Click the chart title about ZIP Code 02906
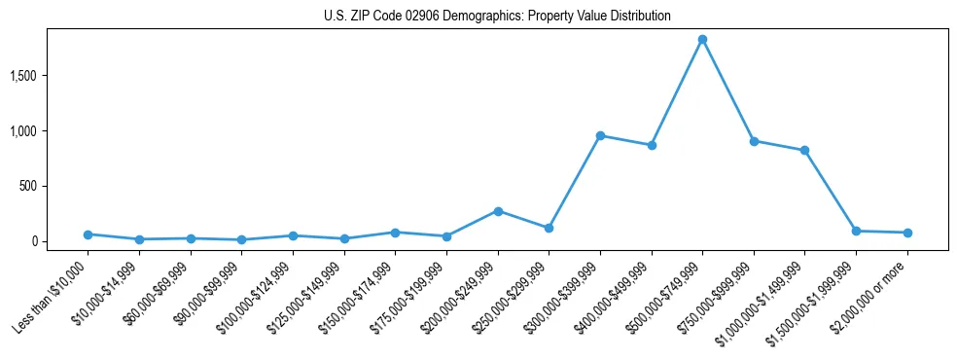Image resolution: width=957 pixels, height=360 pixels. (497, 17)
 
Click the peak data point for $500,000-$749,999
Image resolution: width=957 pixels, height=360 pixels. (702, 39)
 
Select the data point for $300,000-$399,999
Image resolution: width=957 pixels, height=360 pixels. (600, 135)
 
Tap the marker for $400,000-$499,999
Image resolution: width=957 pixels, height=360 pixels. (652, 145)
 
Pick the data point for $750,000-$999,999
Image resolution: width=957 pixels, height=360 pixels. (754, 141)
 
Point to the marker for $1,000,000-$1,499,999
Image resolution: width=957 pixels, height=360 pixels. (804, 150)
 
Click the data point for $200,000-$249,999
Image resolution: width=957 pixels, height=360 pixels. (498, 210)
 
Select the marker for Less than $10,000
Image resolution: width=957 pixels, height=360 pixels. (88, 234)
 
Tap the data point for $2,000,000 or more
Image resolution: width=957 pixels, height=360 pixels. (907, 233)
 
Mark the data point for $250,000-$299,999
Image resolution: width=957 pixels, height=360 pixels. (549, 228)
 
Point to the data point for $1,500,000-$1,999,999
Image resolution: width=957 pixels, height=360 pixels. (856, 231)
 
